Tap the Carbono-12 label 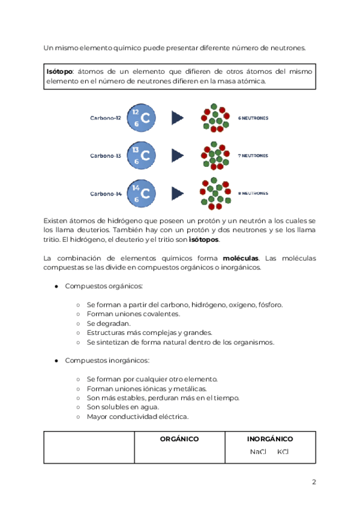click(x=106, y=118)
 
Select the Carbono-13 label click(x=106, y=155)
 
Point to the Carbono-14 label click(x=106, y=193)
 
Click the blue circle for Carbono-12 click(x=141, y=118)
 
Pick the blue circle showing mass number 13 click(x=141, y=155)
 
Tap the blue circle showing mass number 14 click(x=141, y=193)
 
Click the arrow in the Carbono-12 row click(x=177, y=118)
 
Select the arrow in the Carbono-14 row click(x=177, y=193)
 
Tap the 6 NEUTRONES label click(x=253, y=118)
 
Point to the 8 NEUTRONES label click(x=253, y=193)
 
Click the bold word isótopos click(x=204, y=239)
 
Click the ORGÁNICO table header click(x=179, y=439)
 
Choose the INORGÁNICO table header click(x=270, y=439)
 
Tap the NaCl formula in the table click(x=258, y=452)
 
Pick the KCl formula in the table click(x=283, y=452)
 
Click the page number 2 click(x=313, y=482)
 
